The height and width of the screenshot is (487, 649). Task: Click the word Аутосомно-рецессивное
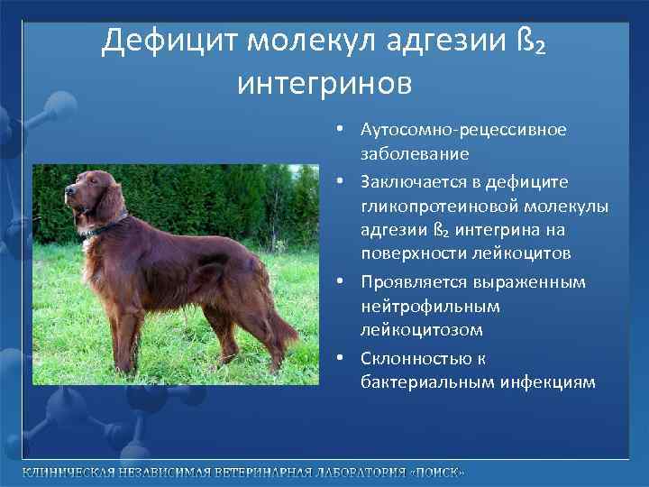(x=463, y=130)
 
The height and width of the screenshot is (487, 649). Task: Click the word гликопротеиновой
(x=429, y=206)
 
